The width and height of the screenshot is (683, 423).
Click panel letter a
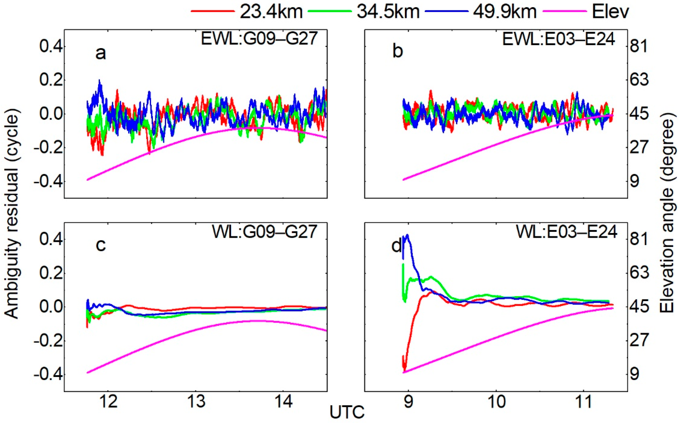tap(101, 53)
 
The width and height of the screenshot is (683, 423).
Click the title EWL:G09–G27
tap(259, 39)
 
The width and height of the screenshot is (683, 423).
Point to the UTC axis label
tap(347, 413)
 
